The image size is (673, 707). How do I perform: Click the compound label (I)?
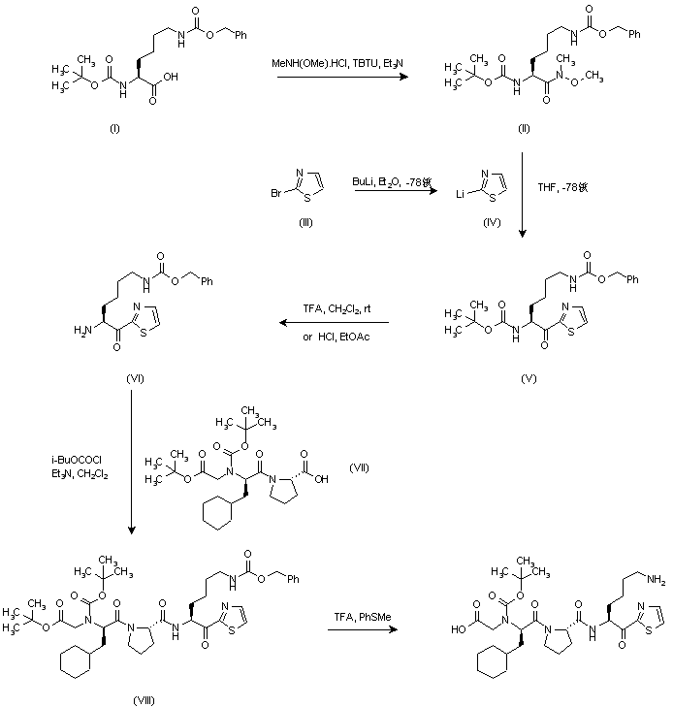113,130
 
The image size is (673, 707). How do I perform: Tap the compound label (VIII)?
145,697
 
